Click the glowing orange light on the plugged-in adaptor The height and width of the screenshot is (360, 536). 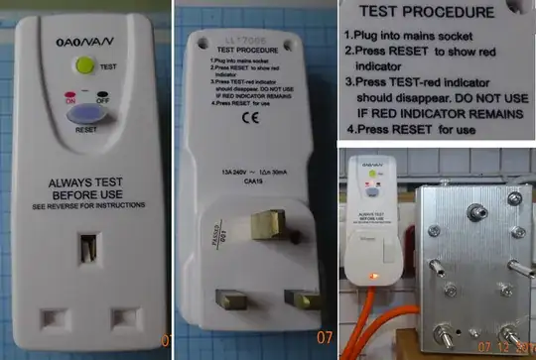(x=371, y=275)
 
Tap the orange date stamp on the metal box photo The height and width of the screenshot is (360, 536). (x=506, y=350)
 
